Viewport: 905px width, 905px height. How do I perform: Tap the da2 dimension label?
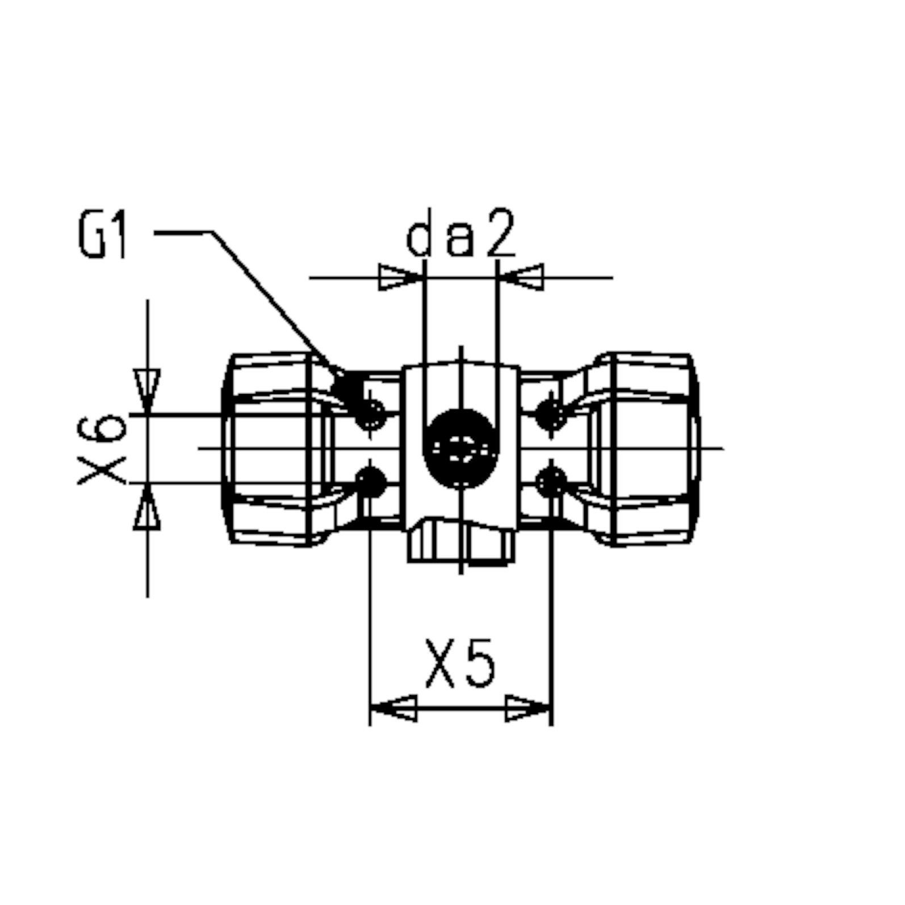click(461, 233)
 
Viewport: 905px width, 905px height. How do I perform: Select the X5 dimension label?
click(460, 663)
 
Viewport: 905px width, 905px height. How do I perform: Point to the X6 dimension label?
click(102, 449)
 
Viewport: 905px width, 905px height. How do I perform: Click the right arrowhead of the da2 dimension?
click(521, 278)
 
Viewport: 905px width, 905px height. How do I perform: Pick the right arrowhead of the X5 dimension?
click(528, 708)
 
